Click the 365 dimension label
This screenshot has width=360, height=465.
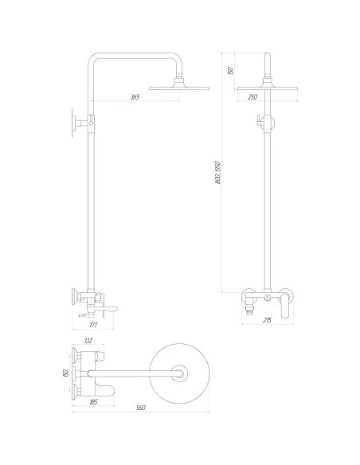point(135,97)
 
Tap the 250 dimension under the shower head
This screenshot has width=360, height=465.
point(252,97)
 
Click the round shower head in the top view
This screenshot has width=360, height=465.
point(182,372)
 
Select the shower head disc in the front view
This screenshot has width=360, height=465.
point(268,86)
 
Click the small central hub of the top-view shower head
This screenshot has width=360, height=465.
point(182,372)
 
